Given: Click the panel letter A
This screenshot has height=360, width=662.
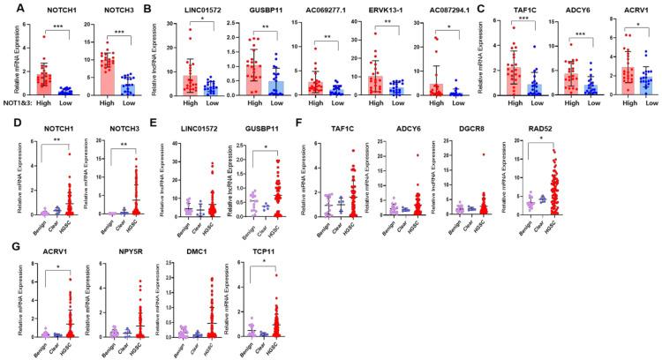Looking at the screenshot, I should [7, 7].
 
